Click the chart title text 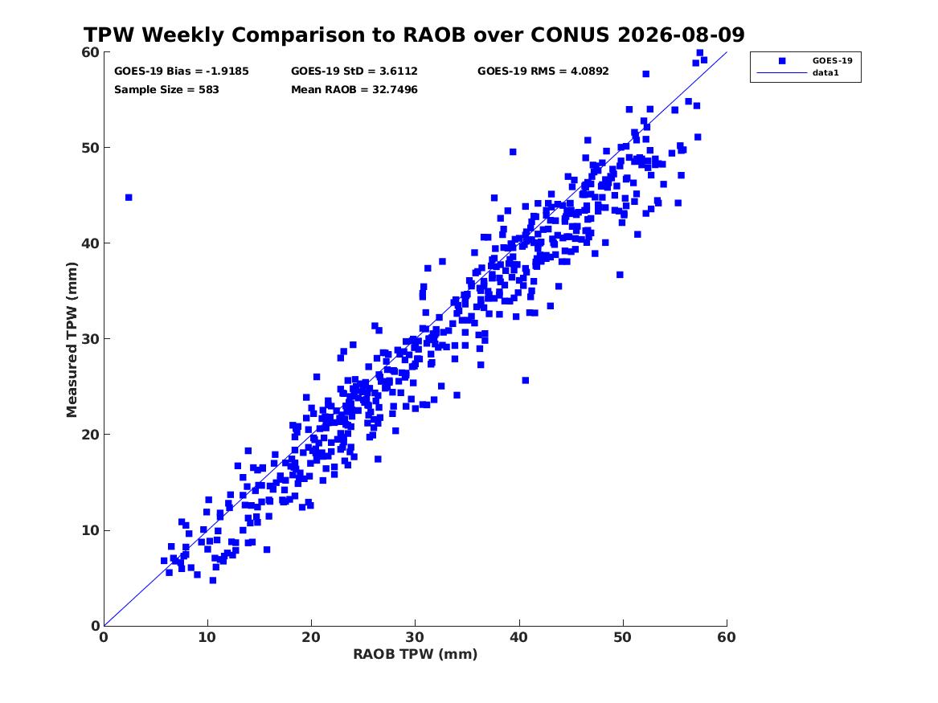[x=414, y=35]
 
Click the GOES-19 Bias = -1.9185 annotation [x=182, y=72]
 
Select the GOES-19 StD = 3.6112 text [x=354, y=72]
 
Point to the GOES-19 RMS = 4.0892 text [x=543, y=72]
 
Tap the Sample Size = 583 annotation [x=166, y=90]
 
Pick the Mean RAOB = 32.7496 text [x=354, y=90]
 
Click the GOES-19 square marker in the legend [x=782, y=60]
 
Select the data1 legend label [x=825, y=73]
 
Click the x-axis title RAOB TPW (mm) [x=416, y=654]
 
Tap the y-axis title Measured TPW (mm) [x=72, y=340]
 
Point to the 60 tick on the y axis [x=90, y=52]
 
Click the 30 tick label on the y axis [x=90, y=339]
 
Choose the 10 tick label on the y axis [x=90, y=530]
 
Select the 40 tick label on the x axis [x=518, y=637]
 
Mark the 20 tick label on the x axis [x=311, y=637]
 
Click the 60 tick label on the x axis [x=727, y=637]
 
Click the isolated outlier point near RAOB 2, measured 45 [x=129, y=198]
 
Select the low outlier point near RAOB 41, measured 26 [x=525, y=380]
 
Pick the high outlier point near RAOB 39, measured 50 [x=513, y=152]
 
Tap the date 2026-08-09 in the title [x=681, y=35]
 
